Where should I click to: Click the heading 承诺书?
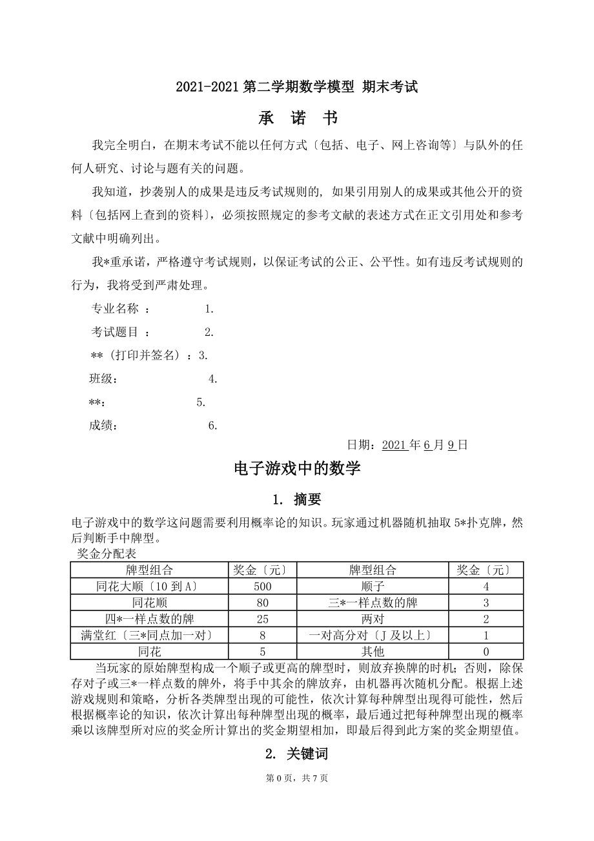pyautogui.click(x=297, y=118)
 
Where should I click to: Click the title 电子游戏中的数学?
pyautogui.click(x=297, y=469)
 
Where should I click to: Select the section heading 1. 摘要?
pyautogui.click(x=297, y=499)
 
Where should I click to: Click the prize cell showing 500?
pyautogui.click(x=262, y=587)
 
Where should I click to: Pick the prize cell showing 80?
pyautogui.click(x=262, y=603)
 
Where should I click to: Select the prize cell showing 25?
pyautogui.click(x=262, y=619)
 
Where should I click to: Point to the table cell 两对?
pyautogui.click(x=373, y=619)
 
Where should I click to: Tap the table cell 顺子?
pyautogui.click(x=373, y=587)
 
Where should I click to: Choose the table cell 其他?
pyautogui.click(x=373, y=651)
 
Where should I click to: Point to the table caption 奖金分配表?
pyautogui.click(x=107, y=554)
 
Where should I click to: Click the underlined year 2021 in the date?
pyautogui.click(x=394, y=445)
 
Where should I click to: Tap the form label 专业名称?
pyautogui.click(x=115, y=309)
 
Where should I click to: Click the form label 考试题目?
pyautogui.click(x=115, y=332)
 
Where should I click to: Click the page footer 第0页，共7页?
pyautogui.click(x=297, y=778)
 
